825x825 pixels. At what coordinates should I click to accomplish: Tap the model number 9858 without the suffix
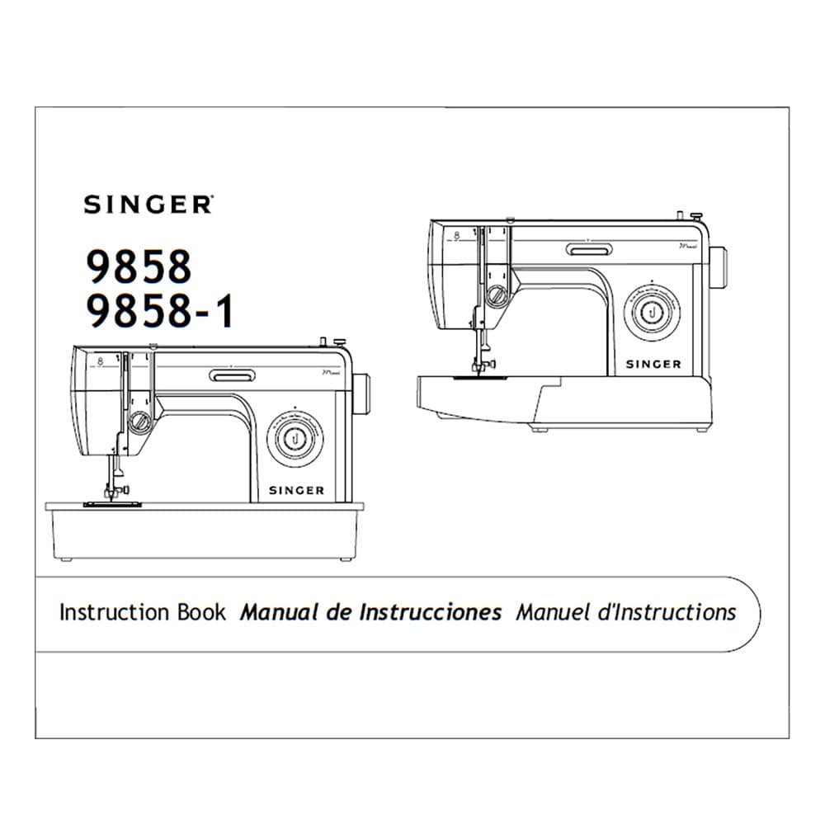(139, 267)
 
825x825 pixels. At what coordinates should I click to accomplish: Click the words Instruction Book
(142, 612)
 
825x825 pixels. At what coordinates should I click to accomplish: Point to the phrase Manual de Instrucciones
(370, 612)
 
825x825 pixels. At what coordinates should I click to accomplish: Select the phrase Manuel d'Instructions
(625, 612)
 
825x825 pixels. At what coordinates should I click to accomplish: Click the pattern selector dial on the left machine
(295, 437)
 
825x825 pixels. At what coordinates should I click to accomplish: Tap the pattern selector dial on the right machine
(652, 312)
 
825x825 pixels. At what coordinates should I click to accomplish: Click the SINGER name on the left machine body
(296, 490)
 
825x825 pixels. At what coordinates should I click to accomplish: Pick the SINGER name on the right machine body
(653, 364)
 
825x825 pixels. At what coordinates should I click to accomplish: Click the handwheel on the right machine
(719, 267)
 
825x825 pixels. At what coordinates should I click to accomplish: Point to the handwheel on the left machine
(361, 394)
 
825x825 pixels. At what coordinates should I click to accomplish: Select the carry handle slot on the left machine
(232, 375)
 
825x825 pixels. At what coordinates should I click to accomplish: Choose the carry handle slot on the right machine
(588, 249)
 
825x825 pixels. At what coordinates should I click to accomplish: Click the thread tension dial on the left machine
(140, 422)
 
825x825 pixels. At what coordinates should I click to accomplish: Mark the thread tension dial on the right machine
(497, 296)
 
